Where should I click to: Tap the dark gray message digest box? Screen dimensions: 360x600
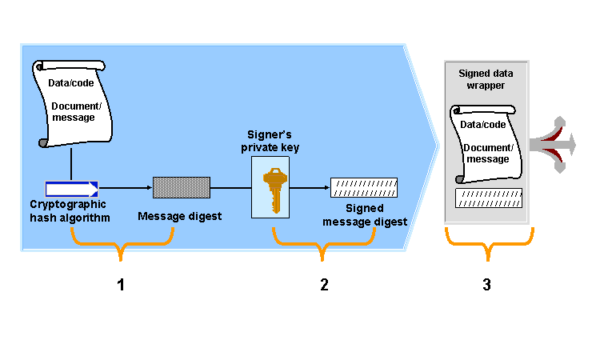(x=182, y=188)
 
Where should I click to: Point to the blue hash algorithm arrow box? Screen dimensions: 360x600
(x=71, y=189)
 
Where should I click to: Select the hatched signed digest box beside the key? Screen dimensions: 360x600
(x=364, y=188)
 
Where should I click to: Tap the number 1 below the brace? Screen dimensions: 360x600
(x=121, y=285)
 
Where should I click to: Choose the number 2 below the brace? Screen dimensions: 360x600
(x=324, y=285)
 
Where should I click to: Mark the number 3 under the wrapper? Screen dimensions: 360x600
(x=486, y=285)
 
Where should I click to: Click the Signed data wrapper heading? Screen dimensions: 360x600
(x=486, y=79)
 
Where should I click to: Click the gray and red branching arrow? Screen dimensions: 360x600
(x=556, y=144)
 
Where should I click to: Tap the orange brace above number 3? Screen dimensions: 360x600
(x=488, y=242)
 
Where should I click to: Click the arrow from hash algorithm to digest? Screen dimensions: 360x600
(x=126, y=189)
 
